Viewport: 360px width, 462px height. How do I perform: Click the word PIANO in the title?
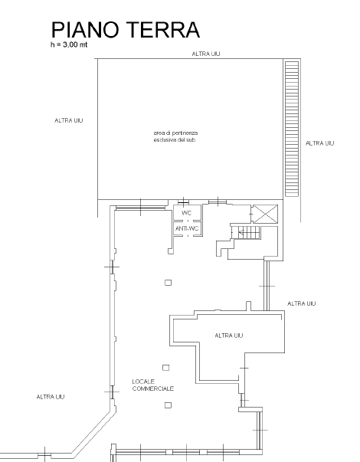[86, 30]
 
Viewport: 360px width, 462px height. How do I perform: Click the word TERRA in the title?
[163, 30]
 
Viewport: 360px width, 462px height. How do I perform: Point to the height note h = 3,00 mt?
[69, 44]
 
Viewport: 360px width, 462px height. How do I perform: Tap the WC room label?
[186, 213]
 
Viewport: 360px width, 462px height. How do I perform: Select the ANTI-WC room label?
[187, 228]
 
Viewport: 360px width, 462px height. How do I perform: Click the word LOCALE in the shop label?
[143, 382]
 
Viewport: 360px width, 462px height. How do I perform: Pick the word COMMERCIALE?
[153, 388]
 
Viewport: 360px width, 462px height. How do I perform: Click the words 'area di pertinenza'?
[175, 133]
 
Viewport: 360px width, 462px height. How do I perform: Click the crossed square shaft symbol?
[266, 214]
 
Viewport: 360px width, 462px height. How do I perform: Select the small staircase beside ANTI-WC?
[246, 232]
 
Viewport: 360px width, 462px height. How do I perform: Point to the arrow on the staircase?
[241, 233]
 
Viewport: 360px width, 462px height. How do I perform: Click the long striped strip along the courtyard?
[292, 129]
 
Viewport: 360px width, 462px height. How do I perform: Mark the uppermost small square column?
[168, 283]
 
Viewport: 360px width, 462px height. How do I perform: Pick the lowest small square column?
[168, 405]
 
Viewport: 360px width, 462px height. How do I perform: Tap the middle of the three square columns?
[166, 368]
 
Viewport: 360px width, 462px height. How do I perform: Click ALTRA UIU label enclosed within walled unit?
[229, 336]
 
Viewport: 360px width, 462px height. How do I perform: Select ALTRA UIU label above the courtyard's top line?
[206, 54]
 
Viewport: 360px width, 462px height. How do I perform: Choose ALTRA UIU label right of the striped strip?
[319, 143]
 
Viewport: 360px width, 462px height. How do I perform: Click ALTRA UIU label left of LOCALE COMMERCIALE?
[51, 397]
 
